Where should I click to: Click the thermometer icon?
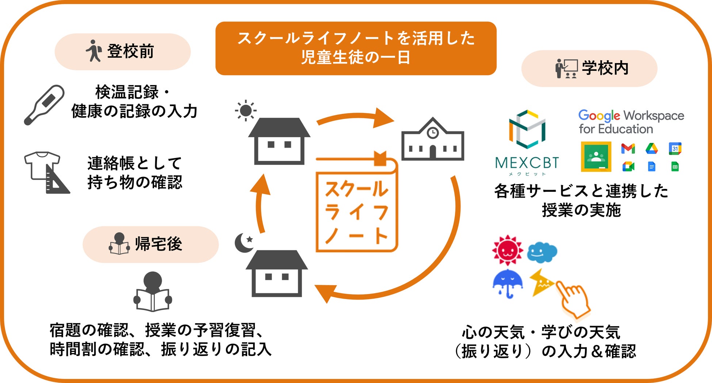(x=44, y=105)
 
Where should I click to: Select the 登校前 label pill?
(x=122, y=51)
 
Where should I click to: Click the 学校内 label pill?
(x=589, y=68)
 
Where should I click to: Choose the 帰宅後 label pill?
(x=150, y=244)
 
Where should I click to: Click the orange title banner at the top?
(x=356, y=48)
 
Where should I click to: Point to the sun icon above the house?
(x=246, y=110)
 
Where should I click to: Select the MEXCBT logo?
(x=527, y=142)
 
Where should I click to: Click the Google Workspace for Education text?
(x=631, y=122)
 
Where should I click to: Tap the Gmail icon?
(x=628, y=148)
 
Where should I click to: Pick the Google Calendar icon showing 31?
(x=675, y=148)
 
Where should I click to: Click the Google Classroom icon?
(x=596, y=157)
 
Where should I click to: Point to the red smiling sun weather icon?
(x=507, y=250)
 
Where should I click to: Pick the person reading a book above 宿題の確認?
(x=153, y=292)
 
